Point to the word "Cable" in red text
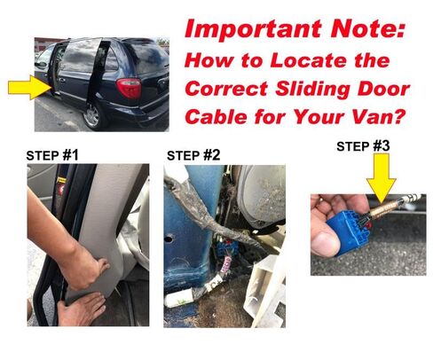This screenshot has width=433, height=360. [x=216, y=116]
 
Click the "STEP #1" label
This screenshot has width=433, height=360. [x=52, y=155]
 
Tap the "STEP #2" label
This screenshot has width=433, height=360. [x=193, y=155]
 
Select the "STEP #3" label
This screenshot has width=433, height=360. [x=363, y=146]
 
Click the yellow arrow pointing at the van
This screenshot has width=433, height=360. [x=29, y=87]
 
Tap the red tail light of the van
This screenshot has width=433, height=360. [x=129, y=88]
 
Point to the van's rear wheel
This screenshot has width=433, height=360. [x=91, y=115]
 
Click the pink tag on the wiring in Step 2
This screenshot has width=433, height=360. [x=226, y=264]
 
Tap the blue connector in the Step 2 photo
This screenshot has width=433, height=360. [x=227, y=249]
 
